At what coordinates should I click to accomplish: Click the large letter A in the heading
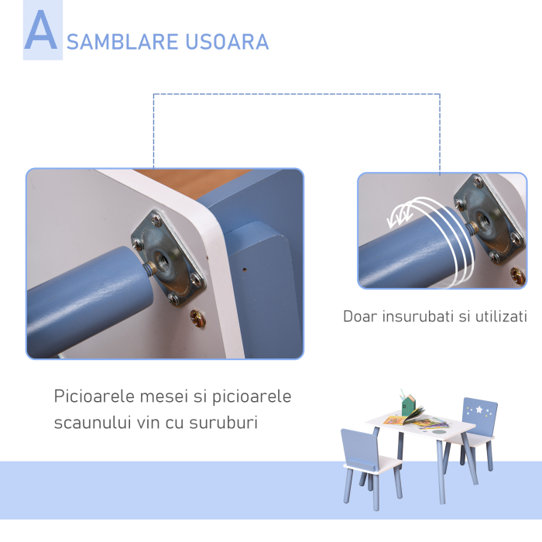41,32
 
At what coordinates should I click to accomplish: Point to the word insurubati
414,316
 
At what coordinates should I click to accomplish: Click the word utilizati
500,316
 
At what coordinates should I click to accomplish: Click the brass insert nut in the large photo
198,317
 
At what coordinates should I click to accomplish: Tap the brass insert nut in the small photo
517,274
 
